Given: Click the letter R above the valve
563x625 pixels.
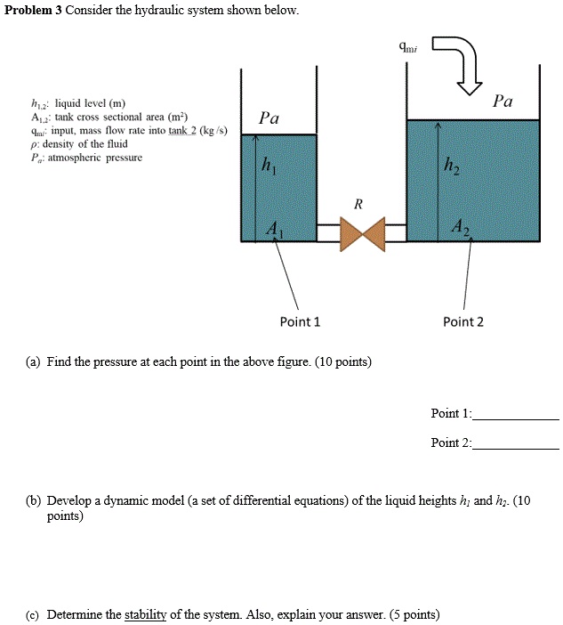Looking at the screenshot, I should [x=358, y=204].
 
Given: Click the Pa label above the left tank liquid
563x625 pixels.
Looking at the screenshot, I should [x=269, y=118].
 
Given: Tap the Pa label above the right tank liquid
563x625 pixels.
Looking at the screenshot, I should [x=503, y=101].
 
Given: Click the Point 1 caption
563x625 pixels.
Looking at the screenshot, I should [x=300, y=321].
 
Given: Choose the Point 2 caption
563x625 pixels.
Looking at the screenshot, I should [x=463, y=321].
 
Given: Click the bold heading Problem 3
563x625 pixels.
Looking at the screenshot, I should [x=32, y=11].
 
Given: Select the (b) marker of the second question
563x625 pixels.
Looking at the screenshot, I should [x=32, y=501].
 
